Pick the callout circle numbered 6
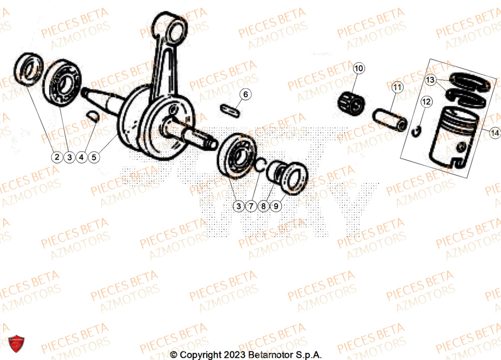tap(245, 94)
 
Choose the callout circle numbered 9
tap(277, 205)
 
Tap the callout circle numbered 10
tap(360, 68)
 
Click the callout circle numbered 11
tap(397, 88)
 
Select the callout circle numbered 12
tap(426, 102)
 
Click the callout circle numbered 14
tap(494, 133)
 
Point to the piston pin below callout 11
tap(389, 120)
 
